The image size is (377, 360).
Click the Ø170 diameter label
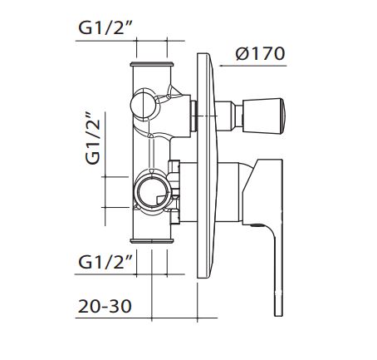click(260, 53)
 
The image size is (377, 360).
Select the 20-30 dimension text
click(105, 306)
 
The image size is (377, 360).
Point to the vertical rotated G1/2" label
click(92, 138)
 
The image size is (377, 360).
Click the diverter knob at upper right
click(263, 116)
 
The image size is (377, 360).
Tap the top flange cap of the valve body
click(152, 64)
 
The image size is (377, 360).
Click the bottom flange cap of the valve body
click(152, 240)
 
